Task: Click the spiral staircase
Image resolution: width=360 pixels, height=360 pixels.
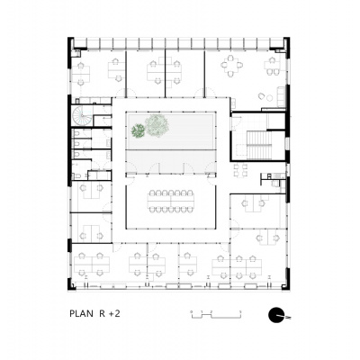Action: tap(82, 116)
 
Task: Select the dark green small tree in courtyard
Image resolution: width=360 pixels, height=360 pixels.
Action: tap(138, 130)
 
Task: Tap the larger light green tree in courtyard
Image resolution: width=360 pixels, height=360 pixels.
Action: tap(157, 125)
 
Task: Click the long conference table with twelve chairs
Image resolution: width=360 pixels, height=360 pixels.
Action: tap(171, 202)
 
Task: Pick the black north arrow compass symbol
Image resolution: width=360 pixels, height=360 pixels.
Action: tap(276, 315)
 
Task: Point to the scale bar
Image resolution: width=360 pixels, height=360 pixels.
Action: tap(216, 314)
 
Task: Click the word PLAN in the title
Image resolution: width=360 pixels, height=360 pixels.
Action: tap(81, 314)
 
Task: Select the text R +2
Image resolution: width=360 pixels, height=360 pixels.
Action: tap(110, 314)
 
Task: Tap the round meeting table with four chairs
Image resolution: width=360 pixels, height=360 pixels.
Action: tap(231, 66)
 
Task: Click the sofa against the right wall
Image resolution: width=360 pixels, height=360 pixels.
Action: tap(281, 96)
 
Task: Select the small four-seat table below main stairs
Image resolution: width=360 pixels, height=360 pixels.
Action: tap(240, 170)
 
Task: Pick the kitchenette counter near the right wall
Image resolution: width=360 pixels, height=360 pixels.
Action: tap(273, 176)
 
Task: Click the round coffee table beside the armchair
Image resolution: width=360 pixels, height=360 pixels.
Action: tap(270, 98)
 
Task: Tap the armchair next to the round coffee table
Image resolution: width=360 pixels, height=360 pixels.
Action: tap(261, 96)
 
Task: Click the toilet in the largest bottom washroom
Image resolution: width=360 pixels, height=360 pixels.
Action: tap(75, 175)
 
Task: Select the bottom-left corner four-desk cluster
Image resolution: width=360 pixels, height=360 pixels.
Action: tap(92, 264)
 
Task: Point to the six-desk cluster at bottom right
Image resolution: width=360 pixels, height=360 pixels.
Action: tap(237, 267)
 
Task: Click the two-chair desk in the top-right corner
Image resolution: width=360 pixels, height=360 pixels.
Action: tap(272, 66)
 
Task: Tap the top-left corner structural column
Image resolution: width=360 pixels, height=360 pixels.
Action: tap(72, 43)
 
